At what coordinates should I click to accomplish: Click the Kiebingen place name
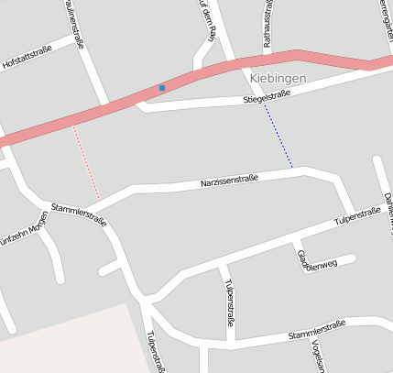(278, 79)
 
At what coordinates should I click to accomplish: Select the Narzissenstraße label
(229, 181)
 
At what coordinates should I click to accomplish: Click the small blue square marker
(162, 88)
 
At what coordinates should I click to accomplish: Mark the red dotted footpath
(87, 165)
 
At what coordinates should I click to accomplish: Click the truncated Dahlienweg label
(388, 206)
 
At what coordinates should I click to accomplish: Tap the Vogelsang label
(318, 356)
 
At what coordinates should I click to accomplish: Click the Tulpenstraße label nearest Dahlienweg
(357, 216)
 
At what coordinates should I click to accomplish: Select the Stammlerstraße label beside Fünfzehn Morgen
(80, 215)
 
